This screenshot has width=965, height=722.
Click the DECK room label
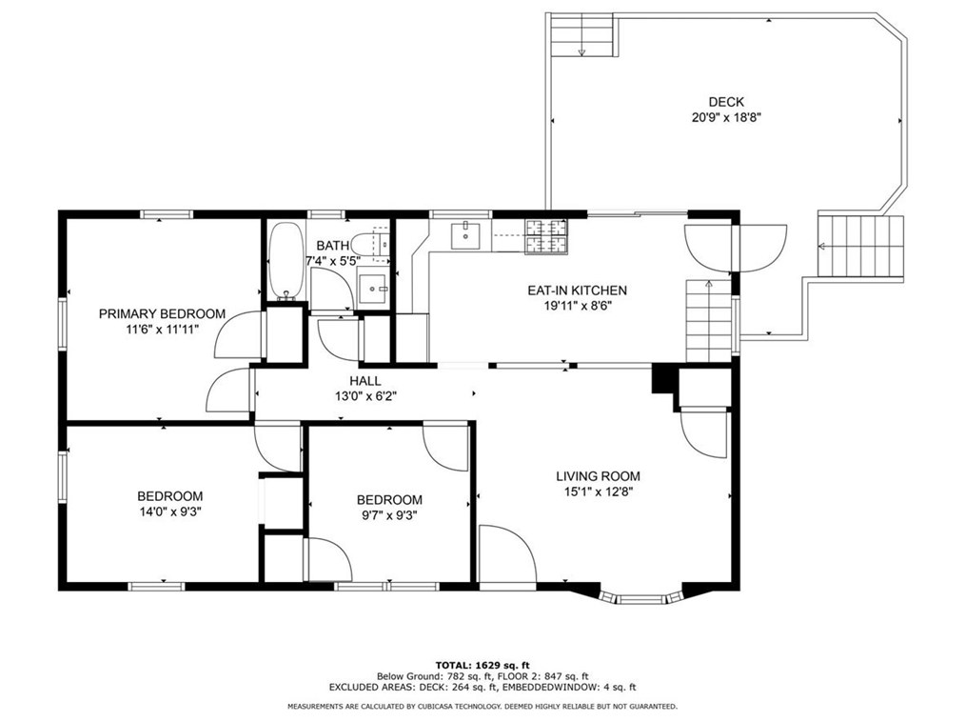[x=726, y=102]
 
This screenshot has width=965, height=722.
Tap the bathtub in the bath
[x=286, y=261]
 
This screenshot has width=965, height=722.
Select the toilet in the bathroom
[x=374, y=245]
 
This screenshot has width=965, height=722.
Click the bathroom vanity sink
[x=374, y=289]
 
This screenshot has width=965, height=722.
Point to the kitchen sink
[x=466, y=235]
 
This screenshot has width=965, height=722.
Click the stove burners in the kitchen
[x=546, y=236]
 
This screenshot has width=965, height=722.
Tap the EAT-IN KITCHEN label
[x=578, y=291]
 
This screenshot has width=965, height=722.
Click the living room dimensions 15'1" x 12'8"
[x=598, y=491]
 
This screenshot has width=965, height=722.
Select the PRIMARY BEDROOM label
[x=162, y=314]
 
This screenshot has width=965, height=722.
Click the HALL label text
[x=365, y=381]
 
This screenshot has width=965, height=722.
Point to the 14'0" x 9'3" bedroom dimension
[x=169, y=511]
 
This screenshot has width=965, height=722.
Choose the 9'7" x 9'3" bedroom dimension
[x=389, y=515]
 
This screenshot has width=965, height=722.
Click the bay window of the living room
[x=641, y=597]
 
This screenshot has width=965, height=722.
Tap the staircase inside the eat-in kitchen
[x=708, y=321]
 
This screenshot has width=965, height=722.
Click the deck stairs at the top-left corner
[x=582, y=36]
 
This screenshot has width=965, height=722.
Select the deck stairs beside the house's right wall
[x=860, y=246]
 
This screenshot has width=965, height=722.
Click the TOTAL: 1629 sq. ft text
[x=482, y=665]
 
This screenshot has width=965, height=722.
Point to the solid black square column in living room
[x=664, y=378]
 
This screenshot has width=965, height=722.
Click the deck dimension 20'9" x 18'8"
[x=726, y=118]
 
